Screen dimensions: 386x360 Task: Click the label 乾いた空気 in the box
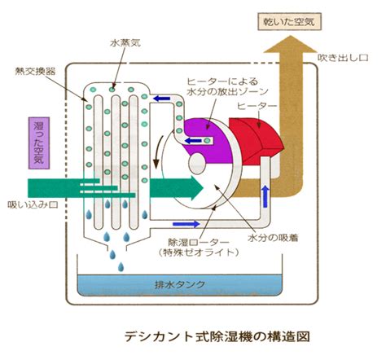point(289,22)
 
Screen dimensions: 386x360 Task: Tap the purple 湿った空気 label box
point(39,143)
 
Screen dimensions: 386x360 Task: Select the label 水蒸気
point(125,43)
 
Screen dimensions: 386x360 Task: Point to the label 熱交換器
point(36,72)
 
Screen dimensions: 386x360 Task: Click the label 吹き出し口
point(343,58)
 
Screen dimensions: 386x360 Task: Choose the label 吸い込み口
point(33,204)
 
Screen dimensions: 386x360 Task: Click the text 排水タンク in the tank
point(180,284)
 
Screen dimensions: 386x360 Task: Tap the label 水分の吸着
point(273,238)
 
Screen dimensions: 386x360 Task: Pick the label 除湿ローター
point(199,242)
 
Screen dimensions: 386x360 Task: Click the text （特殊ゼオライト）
point(199,252)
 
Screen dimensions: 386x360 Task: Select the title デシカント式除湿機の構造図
point(217,336)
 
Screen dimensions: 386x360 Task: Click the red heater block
point(257,141)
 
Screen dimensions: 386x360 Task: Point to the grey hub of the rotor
point(197,163)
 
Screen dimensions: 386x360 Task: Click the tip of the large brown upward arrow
point(291,36)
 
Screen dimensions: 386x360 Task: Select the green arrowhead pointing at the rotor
point(198,187)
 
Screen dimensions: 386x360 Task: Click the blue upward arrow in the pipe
point(265,197)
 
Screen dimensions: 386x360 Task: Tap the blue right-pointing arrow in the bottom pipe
point(186,224)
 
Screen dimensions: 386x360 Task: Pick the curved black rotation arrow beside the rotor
point(158,152)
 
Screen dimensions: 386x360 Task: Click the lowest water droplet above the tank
point(121,266)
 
